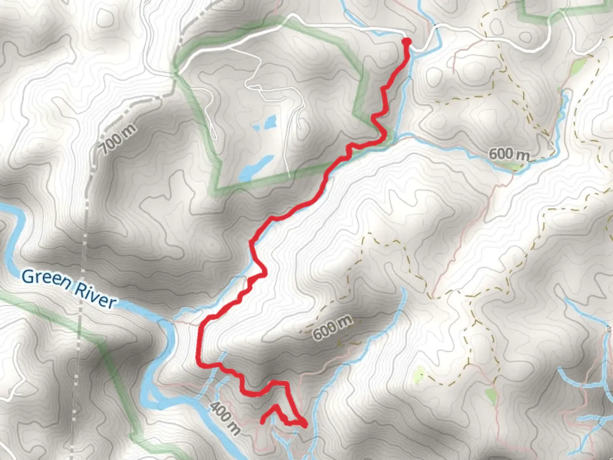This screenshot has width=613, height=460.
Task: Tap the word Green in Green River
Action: click(x=46, y=280)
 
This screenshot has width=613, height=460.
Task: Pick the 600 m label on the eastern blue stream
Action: click(x=509, y=154)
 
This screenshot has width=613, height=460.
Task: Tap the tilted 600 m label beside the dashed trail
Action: click(x=332, y=327)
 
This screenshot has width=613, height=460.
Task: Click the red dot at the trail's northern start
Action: click(x=407, y=41)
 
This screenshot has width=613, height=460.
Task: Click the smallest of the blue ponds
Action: click(x=258, y=126)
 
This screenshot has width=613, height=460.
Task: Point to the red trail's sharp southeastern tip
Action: click(x=305, y=424)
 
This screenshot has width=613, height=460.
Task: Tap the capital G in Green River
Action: click(x=28, y=276)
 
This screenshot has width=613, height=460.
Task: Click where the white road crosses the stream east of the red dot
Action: click(x=435, y=28)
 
